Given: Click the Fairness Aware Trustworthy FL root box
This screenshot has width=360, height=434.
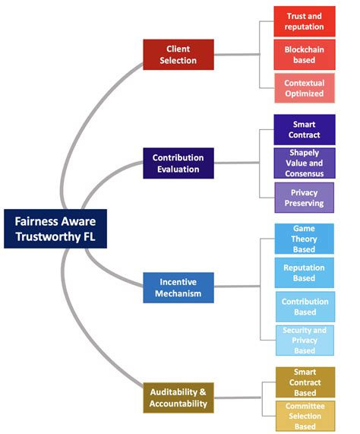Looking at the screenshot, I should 55,229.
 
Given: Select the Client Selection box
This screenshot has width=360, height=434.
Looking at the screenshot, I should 178,54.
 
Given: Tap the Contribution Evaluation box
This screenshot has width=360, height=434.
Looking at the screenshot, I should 178,163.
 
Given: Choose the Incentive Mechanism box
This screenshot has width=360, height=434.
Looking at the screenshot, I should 180,287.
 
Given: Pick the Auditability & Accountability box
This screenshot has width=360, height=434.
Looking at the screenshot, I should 178,398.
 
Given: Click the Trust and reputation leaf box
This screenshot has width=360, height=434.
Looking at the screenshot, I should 304,21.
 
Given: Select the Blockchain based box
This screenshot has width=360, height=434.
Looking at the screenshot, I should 304,54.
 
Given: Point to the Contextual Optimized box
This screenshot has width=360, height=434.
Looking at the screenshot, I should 304,88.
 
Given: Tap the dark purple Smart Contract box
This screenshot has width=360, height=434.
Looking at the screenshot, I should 304,129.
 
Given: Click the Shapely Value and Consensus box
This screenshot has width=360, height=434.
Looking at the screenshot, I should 304,163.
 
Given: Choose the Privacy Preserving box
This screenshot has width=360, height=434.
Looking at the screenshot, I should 304,198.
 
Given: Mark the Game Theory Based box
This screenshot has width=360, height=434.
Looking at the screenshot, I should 304,239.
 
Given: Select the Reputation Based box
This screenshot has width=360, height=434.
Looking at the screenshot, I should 304,273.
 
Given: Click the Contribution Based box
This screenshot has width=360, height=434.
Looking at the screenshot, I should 304,307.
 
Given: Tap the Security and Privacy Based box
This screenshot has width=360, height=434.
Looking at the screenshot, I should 304,341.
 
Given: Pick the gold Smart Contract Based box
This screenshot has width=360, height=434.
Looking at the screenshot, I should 304,382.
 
